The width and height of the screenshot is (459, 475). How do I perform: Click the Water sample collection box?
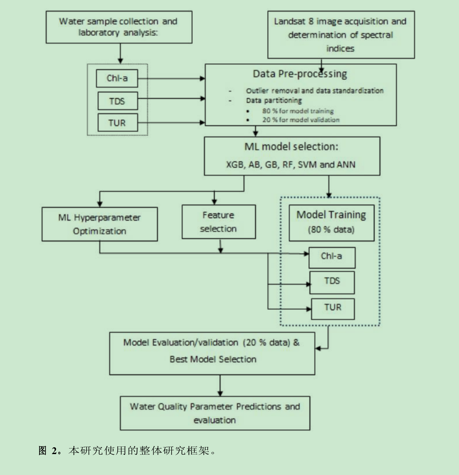(x=119, y=27)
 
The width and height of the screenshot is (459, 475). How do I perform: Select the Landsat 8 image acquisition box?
(x=341, y=35)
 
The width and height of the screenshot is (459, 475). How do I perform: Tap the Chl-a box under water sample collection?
(x=117, y=78)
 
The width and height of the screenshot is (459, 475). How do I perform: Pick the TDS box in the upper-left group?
(x=117, y=101)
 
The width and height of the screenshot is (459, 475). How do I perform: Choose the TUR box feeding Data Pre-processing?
(x=117, y=123)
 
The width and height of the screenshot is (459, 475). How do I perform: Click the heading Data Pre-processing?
(x=300, y=74)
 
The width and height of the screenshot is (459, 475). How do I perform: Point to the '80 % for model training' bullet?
(x=297, y=111)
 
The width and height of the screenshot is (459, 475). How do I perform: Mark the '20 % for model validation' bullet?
(x=300, y=120)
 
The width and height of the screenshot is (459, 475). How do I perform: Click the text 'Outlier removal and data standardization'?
(x=315, y=91)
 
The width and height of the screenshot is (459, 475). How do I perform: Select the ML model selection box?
(x=292, y=156)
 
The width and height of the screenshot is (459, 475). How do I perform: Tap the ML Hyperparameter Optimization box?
(x=100, y=224)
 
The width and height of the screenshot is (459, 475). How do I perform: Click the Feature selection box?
(x=218, y=222)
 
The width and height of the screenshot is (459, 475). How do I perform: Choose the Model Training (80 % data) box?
(x=331, y=223)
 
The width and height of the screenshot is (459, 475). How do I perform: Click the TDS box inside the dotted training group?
(x=332, y=282)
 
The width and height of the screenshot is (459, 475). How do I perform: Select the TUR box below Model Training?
(x=333, y=309)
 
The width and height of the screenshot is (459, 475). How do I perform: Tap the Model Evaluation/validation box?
(x=212, y=353)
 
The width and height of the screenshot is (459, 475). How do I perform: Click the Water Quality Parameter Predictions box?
(x=215, y=413)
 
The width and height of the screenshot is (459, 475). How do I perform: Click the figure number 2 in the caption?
(x=54, y=451)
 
